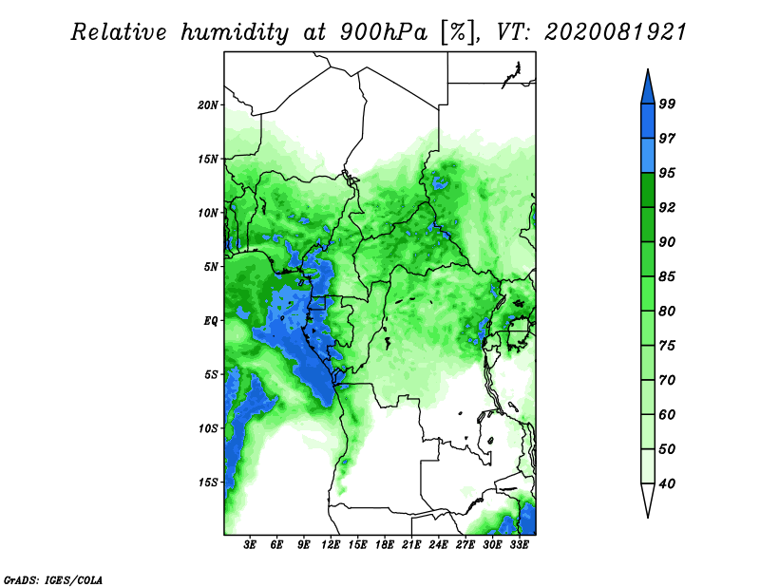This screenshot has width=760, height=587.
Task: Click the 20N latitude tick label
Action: (208, 105)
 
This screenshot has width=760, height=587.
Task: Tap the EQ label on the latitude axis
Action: (210, 321)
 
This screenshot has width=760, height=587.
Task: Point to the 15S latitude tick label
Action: (208, 483)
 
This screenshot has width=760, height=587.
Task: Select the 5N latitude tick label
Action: (211, 267)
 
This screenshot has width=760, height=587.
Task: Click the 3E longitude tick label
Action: (250, 545)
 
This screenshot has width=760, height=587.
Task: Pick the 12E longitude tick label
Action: (331, 545)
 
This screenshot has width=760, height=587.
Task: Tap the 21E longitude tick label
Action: (411, 545)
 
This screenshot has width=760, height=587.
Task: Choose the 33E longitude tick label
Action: (520, 545)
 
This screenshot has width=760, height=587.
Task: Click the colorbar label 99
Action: (667, 104)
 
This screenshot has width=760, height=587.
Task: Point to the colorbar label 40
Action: (667, 483)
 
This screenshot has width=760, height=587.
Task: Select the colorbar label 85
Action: (667, 276)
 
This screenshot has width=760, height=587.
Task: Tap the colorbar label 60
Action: (667, 415)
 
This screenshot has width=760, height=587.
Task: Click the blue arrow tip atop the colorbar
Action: (648, 70)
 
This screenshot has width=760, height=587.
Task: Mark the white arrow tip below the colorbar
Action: (648, 517)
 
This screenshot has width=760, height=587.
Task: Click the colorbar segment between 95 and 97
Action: (648, 156)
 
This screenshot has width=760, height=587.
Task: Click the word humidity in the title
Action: (235, 33)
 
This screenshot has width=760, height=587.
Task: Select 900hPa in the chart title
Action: (384, 32)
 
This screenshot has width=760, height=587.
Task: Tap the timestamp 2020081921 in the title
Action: (616, 32)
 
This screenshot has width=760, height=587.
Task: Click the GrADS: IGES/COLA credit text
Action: (53, 580)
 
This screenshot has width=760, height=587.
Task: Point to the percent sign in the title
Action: (458, 33)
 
